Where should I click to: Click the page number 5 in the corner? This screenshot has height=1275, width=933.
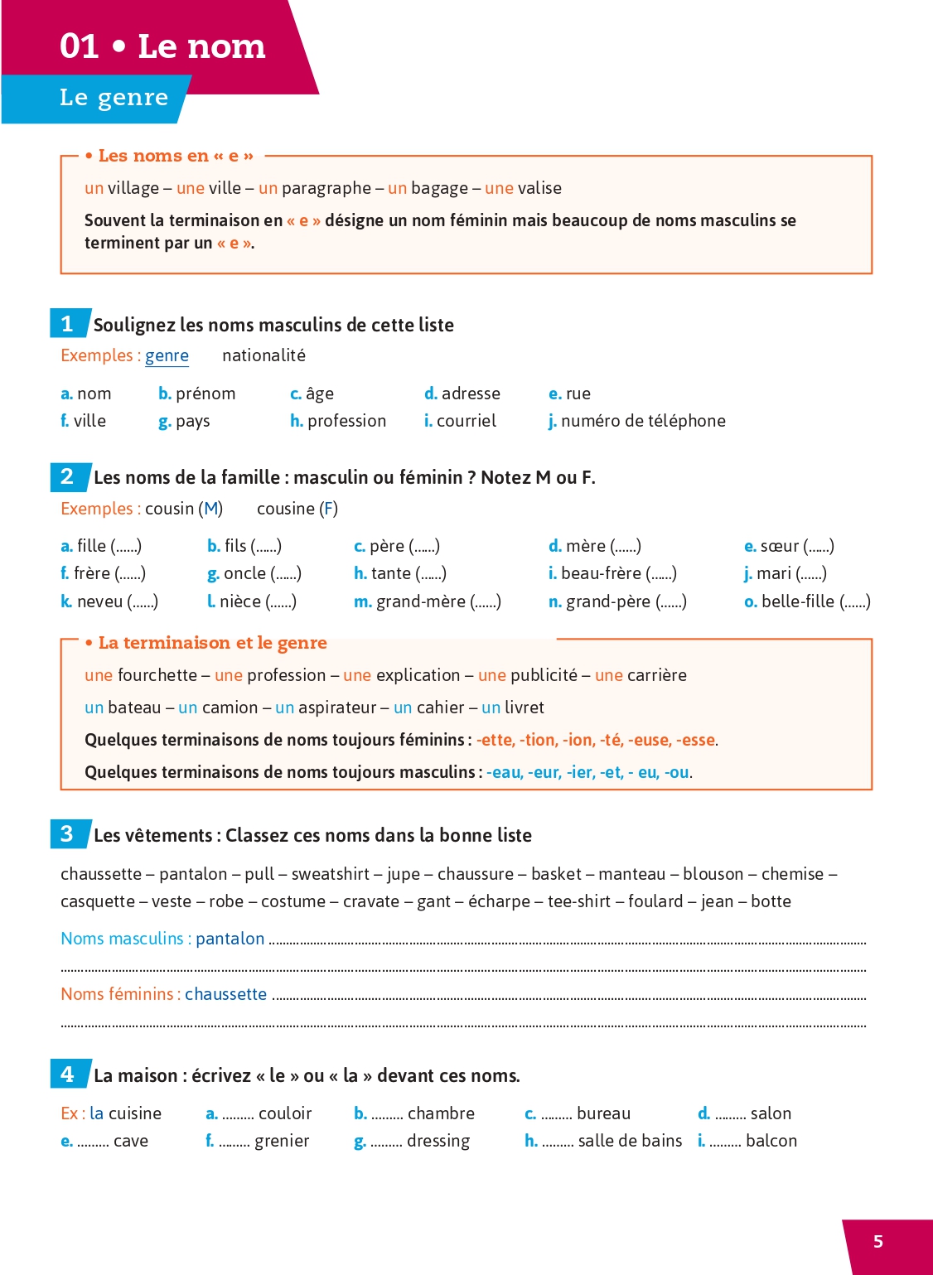pyautogui.click(x=878, y=1241)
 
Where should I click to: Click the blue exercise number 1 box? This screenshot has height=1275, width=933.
pyautogui.click(x=68, y=323)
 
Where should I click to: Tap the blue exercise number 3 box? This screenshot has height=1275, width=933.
pyautogui.click(x=68, y=833)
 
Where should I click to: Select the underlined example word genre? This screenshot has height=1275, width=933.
pyautogui.click(x=167, y=355)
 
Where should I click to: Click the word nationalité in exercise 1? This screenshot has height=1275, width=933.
pyautogui.click(x=263, y=355)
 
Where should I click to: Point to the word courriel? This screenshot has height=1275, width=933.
pyautogui.click(x=466, y=421)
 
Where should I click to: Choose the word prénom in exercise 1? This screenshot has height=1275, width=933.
pyautogui.click(x=205, y=394)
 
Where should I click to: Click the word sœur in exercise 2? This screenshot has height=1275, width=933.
pyautogui.click(x=779, y=546)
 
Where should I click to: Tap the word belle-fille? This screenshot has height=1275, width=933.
pyautogui.click(x=797, y=601)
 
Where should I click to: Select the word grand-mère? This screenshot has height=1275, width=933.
pyautogui.click(x=421, y=601)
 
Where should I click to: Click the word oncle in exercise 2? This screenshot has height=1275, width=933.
pyautogui.click(x=245, y=573)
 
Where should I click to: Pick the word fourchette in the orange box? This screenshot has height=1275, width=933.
pyautogui.click(x=157, y=675)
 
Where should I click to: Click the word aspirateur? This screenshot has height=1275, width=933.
pyautogui.click(x=337, y=708)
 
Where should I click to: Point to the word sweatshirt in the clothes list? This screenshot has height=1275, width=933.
pyautogui.click(x=331, y=874)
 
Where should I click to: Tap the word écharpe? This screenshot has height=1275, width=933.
pyautogui.click(x=499, y=901)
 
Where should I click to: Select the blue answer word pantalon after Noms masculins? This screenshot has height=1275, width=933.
pyautogui.click(x=230, y=939)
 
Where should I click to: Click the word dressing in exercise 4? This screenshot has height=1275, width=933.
pyautogui.click(x=438, y=1141)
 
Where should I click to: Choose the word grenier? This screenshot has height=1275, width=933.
pyautogui.click(x=282, y=1141)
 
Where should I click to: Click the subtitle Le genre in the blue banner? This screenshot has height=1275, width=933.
pyautogui.click(x=114, y=98)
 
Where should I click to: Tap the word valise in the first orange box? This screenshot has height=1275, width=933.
pyautogui.click(x=539, y=188)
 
